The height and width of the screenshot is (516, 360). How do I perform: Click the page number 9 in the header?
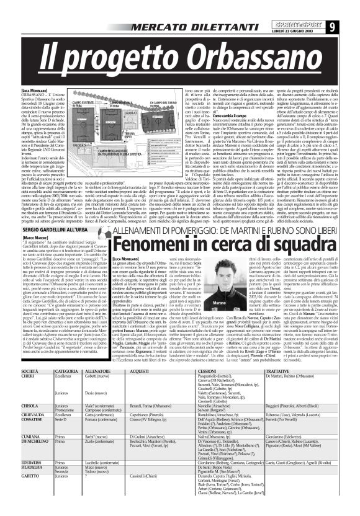pos(350,9)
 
